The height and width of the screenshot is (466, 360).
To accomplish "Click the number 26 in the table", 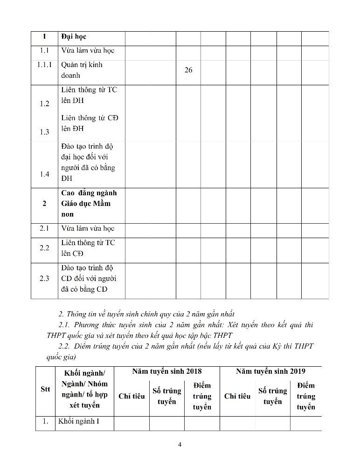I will (x=188, y=70).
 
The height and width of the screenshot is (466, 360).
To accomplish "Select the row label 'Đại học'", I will (x=74, y=36).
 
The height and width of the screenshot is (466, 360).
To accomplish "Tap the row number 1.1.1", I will (x=44, y=65).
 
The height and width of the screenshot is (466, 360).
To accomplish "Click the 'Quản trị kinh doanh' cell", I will (x=82, y=70).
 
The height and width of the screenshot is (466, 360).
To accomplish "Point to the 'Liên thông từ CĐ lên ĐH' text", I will (x=90, y=123).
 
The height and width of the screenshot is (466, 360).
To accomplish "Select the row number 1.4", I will (x=44, y=174).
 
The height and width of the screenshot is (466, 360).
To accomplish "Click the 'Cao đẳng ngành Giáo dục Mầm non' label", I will (x=89, y=204).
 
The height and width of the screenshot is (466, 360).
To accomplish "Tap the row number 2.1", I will (x=44, y=228).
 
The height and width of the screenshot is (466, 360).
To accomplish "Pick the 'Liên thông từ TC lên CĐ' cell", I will (x=88, y=248).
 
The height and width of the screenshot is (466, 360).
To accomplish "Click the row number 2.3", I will (x=44, y=279).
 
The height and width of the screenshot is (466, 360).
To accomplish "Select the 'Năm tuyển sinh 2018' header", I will (x=167, y=371).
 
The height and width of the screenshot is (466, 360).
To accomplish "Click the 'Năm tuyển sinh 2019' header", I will (x=270, y=371).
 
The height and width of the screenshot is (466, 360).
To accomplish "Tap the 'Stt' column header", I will (x=45, y=389).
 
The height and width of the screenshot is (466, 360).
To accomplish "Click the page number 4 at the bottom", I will (x=180, y=444).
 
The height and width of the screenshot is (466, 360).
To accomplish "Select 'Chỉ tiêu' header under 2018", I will (x=132, y=396).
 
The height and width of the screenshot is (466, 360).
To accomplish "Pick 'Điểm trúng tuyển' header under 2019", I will (x=306, y=396).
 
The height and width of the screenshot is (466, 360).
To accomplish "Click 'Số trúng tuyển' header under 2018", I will (x=166, y=396).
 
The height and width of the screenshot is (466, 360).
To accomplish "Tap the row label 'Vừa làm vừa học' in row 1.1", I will (x=88, y=50).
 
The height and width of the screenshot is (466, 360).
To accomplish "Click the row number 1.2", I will (x=44, y=103).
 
